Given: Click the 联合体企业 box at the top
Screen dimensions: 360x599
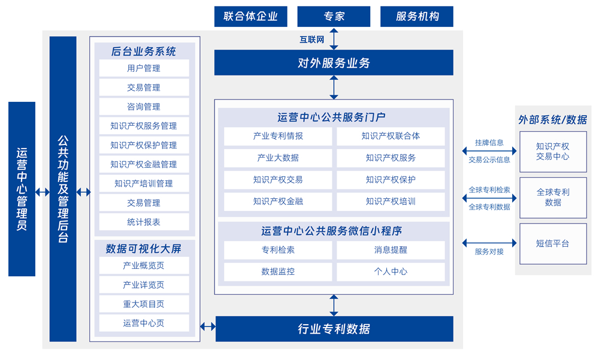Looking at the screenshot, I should pyautogui.click(x=250, y=16).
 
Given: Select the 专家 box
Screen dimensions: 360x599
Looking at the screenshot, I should pyautogui.click(x=334, y=16).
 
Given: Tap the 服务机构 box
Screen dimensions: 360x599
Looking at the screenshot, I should pyautogui.click(x=417, y=16).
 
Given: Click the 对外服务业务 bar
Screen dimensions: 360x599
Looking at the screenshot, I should pyautogui.click(x=334, y=63).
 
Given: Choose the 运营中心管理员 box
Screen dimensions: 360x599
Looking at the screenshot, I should pyautogui.click(x=22, y=189).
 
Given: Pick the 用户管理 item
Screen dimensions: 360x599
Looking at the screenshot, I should pyautogui.click(x=144, y=68).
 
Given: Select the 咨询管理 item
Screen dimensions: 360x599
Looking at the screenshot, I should pyautogui.click(x=144, y=107).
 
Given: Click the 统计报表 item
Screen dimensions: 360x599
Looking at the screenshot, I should pyautogui.click(x=144, y=222).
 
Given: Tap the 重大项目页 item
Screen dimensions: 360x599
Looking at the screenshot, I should pyautogui.click(x=144, y=304).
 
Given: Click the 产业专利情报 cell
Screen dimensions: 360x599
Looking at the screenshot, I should pyautogui.click(x=278, y=136).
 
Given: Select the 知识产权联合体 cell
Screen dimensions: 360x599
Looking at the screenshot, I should pyautogui.click(x=391, y=136).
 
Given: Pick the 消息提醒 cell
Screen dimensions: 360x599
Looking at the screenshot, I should pyautogui.click(x=391, y=250).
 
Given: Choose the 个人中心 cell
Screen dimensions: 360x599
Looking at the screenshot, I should pyautogui.click(x=391, y=271).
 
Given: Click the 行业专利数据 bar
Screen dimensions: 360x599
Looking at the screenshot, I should pyautogui.click(x=334, y=329).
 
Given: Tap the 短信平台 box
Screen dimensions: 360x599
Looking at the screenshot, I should pyautogui.click(x=553, y=244).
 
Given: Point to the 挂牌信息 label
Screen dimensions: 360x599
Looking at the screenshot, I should pyautogui.click(x=489, y=143).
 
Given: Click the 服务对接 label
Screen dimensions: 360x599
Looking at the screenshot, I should pyautogui.click(x=489, y=252).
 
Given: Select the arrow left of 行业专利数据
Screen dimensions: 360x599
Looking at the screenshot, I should pyautogui.click(x=208, y=326).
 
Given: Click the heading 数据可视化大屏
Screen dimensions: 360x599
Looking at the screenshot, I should pyautogui.click(x=144, y=248).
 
